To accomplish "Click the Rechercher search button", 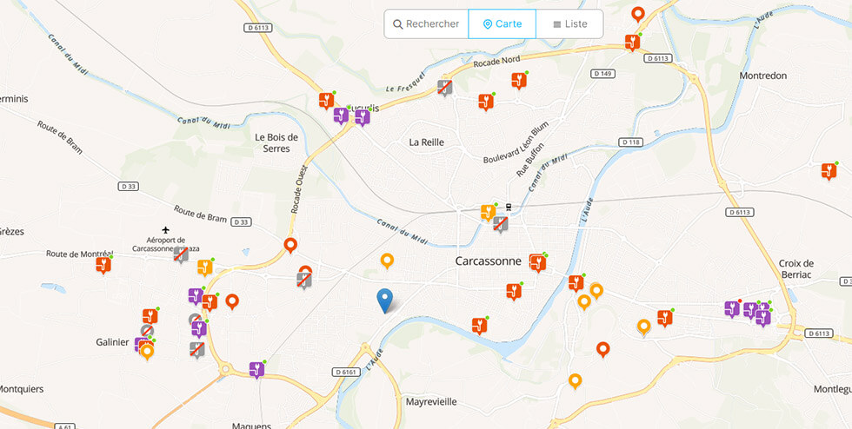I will (426, 24).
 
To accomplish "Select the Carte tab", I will (503, 24).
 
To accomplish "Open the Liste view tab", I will (569, 24).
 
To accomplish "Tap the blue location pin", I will (384, 300).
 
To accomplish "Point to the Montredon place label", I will (762, 76).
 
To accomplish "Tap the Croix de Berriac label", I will (795, 269).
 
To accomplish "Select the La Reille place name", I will (427, 142).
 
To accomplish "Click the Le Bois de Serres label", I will (276, 142).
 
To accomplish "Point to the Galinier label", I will (112, 341).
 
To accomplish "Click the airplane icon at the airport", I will (165, 229).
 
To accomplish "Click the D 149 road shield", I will (603, 74).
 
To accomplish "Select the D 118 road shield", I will (630, 142).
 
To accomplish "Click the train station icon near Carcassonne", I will (509, 208).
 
